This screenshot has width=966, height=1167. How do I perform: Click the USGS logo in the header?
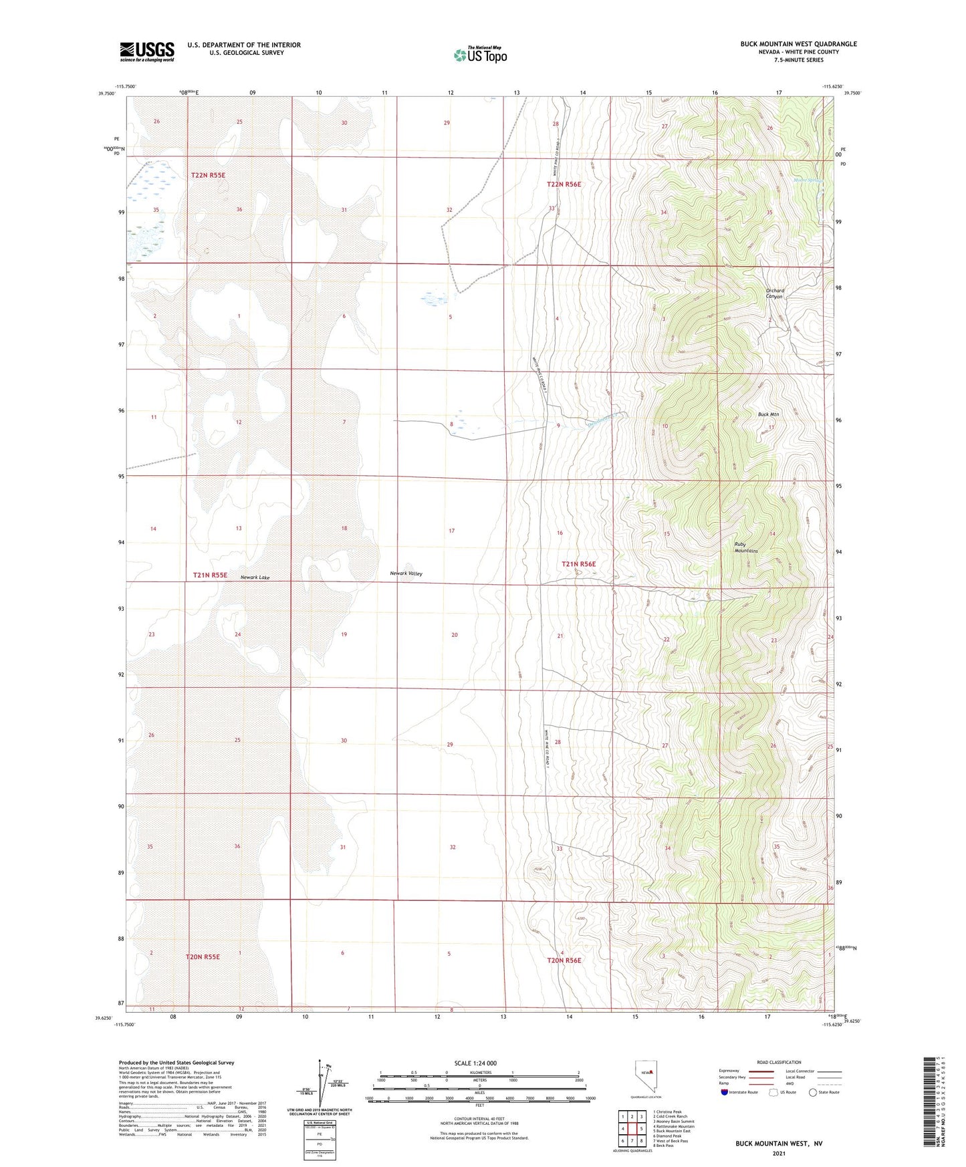tap(147, 51)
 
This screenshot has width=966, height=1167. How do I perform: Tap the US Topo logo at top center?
tap(480, 54)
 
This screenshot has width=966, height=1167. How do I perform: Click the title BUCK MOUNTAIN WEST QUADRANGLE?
tap(798, 44)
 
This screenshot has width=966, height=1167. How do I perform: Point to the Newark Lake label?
tap(255, 577)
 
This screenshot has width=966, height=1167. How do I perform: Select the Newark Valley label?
tap(406, 573)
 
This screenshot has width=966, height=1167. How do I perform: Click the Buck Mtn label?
tap(768, 414)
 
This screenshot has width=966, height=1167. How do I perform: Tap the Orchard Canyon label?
tap(775, 293)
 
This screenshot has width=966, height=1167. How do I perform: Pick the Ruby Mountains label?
tap(746, 547)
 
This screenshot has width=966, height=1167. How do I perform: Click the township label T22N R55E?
tap(208, 175)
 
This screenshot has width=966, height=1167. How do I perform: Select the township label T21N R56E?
tap(578, 564)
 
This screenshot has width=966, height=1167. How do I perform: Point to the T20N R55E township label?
tap(203, 957)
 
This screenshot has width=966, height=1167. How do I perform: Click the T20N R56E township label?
tap(564, 960)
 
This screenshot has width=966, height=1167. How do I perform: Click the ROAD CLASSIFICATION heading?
tap(779, 1062)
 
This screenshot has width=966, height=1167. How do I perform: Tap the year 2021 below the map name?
tap(778, 1154)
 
